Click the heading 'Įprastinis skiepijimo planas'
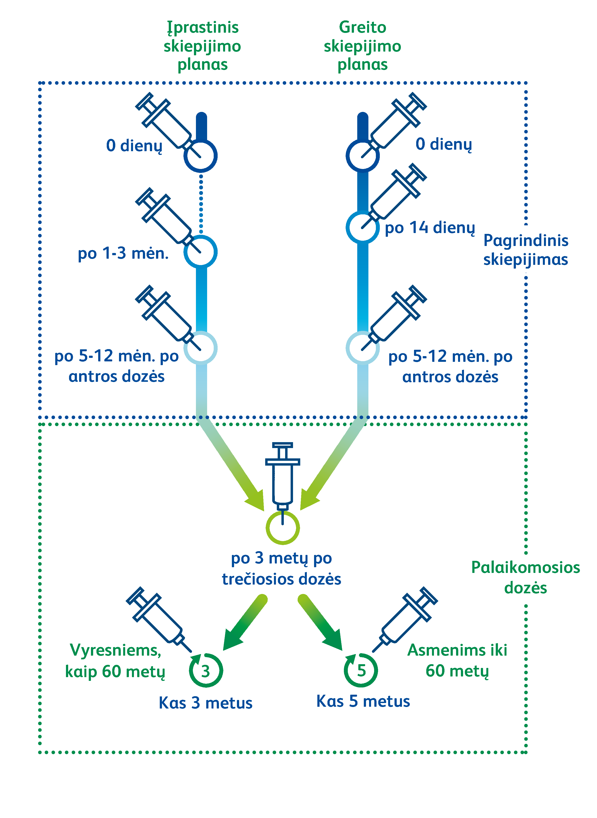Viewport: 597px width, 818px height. [x=202, y=46]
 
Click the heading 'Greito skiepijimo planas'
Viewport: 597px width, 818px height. [x=362, y=46]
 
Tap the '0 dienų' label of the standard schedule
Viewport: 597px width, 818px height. [x=134, y=146]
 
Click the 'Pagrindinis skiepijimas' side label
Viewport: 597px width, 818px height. [x=526, y=250]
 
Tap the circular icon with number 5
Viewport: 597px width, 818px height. [x=361, y=670]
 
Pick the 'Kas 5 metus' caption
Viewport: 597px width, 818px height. [x=363, y=701]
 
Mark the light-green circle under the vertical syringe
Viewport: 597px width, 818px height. [x=283, y=528]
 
